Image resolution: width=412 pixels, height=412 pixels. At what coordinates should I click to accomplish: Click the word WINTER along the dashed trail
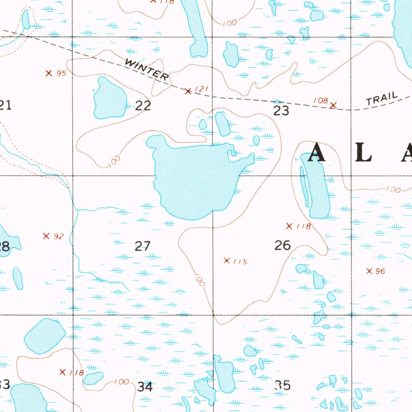coord(146,69)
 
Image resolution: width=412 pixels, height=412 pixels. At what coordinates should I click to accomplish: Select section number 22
coord(143,105)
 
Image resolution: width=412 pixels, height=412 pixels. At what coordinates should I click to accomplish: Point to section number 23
coord(281,110)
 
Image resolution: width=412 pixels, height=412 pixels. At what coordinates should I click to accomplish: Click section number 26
coord(282,245)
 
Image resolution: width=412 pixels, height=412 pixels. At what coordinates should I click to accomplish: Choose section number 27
coord(142,246)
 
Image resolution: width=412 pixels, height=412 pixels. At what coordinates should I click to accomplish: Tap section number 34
coord(145,387)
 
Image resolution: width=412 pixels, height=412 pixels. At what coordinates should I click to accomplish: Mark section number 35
coord(282,385)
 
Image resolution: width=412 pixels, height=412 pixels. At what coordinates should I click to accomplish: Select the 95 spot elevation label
coord(61,73)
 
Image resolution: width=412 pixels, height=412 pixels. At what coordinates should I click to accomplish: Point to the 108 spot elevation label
coord(320,101)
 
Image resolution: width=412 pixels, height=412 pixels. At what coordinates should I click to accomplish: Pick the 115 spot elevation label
coord(240,262)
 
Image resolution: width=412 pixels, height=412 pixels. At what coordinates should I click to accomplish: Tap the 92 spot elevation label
coord(58,236)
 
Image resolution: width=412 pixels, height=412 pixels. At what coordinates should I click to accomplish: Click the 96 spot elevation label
coord(380,271)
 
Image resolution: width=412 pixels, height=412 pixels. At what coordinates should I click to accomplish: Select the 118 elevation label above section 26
coord(303,226)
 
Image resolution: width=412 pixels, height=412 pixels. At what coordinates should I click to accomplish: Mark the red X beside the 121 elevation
coord(187,91)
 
